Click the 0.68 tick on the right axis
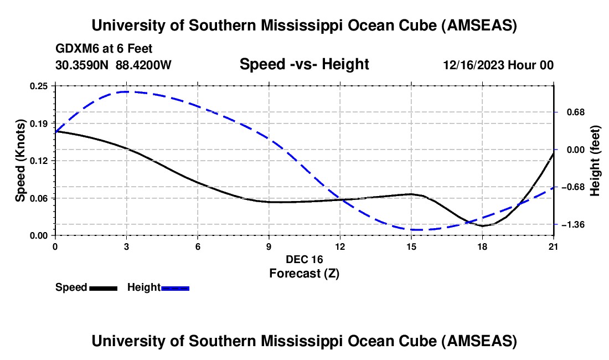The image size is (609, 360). tap(570, 112)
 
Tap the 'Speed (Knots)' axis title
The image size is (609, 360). tap(20, 161)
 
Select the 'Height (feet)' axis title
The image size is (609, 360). tap(595, 161)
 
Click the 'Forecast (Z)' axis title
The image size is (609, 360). tap(304, 273)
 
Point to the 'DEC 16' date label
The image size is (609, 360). tap(304, 259)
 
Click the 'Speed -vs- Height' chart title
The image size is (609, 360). tap(304, 64)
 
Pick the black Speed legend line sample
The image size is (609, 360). tap(103, 287)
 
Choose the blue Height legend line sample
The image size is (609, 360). tap(175, 287)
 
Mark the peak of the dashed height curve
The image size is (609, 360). tap(127, 91)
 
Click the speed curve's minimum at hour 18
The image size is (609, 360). tap(483, 226)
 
